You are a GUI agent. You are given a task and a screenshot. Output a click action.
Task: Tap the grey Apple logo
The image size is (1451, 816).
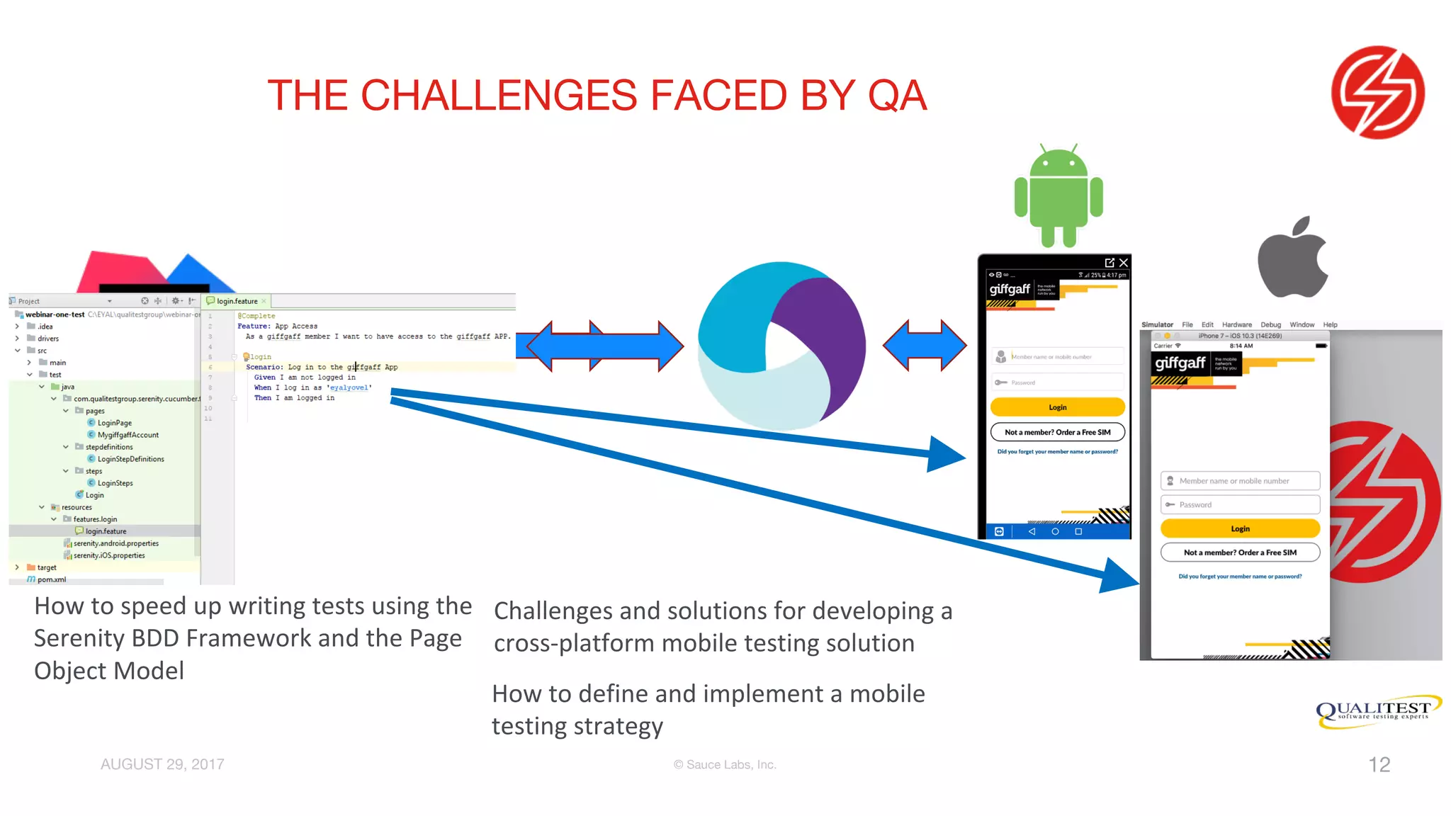point(1292,259)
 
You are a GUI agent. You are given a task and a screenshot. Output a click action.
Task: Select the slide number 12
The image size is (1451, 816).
point(1379,764)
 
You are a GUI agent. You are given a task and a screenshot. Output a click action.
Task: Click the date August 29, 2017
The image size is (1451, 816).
point(162,764)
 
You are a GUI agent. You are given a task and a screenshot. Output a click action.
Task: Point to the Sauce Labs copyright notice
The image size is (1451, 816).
point(725,764)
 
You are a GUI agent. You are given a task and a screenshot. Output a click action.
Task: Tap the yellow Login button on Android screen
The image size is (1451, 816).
point(1057,407)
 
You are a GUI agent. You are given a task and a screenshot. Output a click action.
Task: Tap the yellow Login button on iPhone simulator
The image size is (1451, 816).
point(1240,528)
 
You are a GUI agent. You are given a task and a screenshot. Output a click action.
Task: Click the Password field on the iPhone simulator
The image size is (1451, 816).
point(1240,504)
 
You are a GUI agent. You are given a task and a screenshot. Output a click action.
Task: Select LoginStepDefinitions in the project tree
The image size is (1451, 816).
point(130,459)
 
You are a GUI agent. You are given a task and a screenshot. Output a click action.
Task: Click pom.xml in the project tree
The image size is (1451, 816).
point(51,579)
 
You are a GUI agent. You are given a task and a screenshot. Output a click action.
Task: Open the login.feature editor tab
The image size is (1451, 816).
point(237,301)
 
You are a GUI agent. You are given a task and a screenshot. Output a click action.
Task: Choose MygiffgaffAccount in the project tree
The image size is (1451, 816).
point(128,435)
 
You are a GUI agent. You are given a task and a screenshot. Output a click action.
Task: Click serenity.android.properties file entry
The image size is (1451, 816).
point(115,543)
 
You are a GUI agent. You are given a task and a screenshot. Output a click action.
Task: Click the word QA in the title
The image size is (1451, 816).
point(897,96)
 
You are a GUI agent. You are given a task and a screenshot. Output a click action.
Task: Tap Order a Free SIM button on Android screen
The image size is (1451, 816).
point(1057,432)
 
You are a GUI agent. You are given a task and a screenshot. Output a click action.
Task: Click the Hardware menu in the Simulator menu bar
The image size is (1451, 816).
point(1236,324)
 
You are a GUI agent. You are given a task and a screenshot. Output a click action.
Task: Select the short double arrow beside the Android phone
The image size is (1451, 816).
point(925,345)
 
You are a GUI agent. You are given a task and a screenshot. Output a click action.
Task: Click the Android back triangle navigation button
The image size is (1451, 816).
point(1032,531)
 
